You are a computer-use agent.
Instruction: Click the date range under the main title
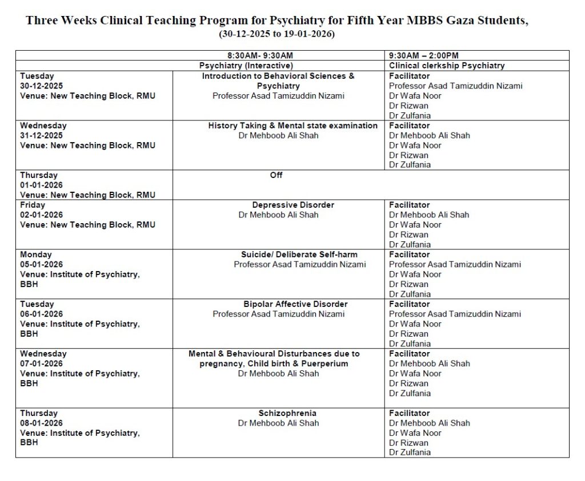277,34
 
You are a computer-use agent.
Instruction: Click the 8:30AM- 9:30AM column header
260,55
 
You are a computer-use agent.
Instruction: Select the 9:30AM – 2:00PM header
423,55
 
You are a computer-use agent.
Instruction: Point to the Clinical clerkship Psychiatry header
447,66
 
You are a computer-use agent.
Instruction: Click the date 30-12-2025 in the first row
42,86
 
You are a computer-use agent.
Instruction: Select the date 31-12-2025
42,135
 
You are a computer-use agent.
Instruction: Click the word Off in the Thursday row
277,175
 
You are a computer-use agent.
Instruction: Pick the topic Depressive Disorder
293,205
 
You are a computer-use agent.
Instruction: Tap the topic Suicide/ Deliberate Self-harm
299,254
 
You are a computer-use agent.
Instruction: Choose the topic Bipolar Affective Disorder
295,304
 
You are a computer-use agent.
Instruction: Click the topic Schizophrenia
287,413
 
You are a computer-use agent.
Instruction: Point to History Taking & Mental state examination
292,126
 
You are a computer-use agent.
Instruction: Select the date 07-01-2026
42,363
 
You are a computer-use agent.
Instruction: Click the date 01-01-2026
42,185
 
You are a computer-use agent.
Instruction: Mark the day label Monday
36,254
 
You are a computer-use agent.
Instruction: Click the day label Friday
33,205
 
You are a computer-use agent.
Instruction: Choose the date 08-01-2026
42,423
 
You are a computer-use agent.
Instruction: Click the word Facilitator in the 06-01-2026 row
410,304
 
